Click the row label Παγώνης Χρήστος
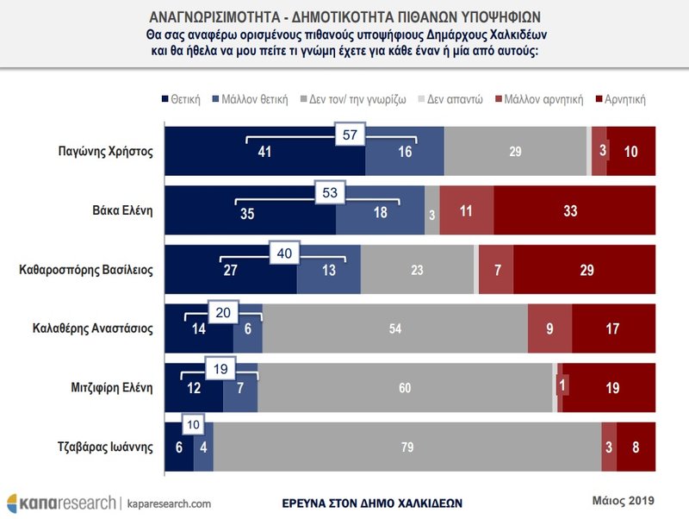(102, 151)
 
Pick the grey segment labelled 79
(407, 447)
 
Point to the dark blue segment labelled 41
(264, 151)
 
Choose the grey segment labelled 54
(394, 328)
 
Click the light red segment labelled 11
(466, 210)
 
